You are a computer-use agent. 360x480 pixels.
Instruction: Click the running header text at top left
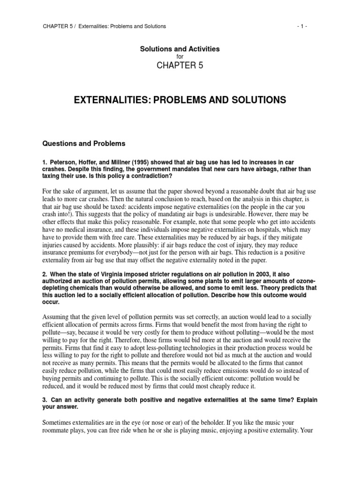pos(104,26)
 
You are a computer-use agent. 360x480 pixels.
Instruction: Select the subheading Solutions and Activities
pos(180,49)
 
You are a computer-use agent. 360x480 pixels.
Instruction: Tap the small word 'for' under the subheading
pos(180,56)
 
